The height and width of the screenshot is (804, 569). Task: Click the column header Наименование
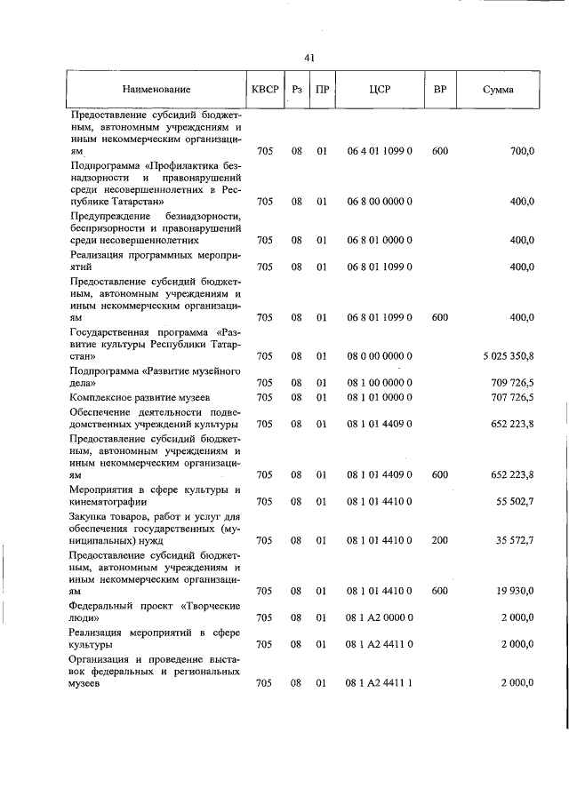pyautogui.click(x=156, y=90)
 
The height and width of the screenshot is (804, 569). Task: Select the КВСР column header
pyautogui.click(x=265, y=90)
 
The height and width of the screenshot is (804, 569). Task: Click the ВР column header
pyautogui.click(x=439, y=90)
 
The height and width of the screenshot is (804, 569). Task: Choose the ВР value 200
pyautogui.click(x=439, y=539)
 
